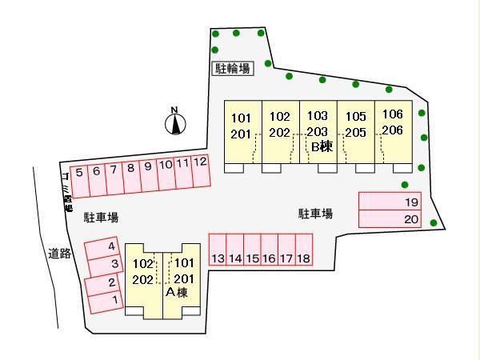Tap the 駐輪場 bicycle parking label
pos(232,69)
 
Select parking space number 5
pos(79,171)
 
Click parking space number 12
pos(201,162)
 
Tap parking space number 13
pos(218,258)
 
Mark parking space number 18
pos(302,258)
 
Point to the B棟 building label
pos(321,146)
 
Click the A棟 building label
pos(175,292)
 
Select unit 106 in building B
pos(392,114)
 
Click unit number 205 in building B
pos(355,132)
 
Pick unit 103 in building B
pos(318,115)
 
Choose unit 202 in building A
pos(143,278)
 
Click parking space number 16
pos(269,258)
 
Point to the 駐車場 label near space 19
pos(316,214)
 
